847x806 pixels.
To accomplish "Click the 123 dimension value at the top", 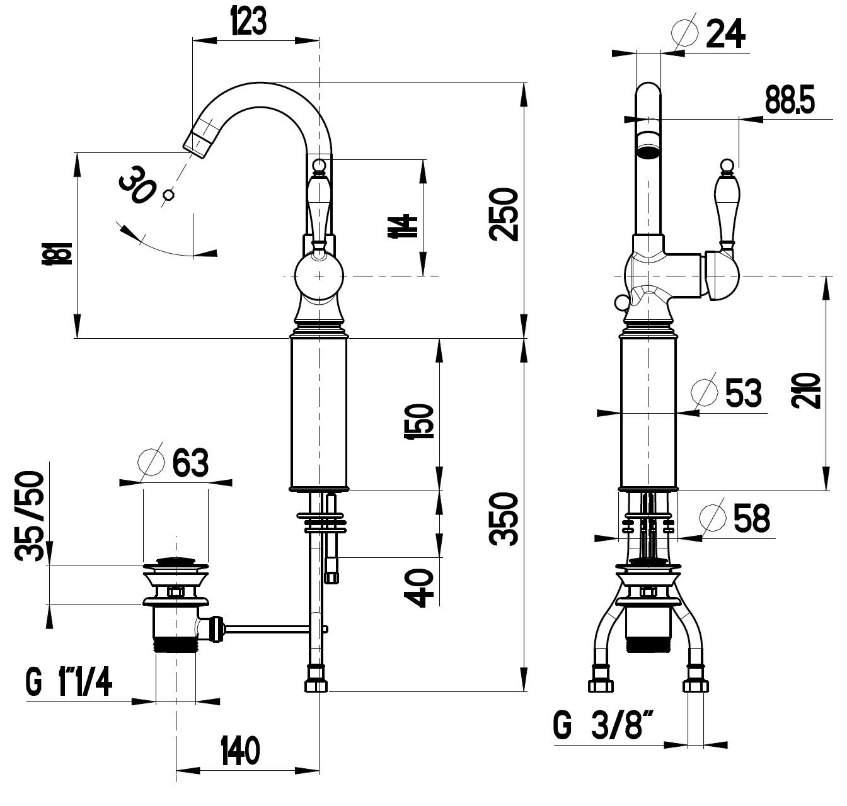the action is [248, 20].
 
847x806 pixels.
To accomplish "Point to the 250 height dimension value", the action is [503, 214].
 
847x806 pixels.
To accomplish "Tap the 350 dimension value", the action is [503, 519].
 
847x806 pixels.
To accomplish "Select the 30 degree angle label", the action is [137, 185].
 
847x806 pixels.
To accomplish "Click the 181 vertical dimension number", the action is [57, 253].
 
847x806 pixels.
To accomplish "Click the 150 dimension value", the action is [418, 421].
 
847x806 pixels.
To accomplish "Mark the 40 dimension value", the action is [418, 588].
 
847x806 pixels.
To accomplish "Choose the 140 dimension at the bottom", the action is [240, 751].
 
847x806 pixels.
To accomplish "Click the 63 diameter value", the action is [190, 463].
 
